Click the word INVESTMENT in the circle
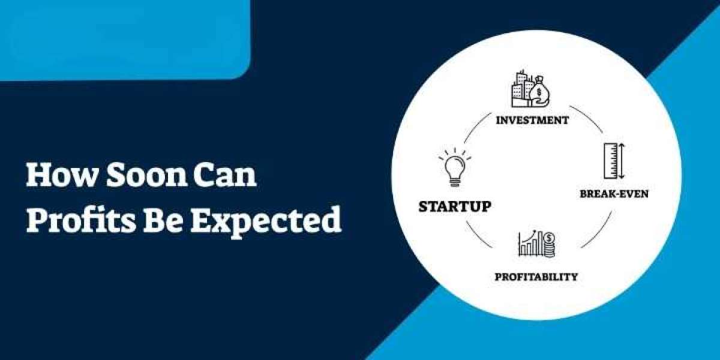coord(532,120)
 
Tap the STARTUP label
coord(455,207)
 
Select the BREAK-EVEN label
coord(613,194)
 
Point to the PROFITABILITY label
coord(536,277)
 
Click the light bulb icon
coord(454,170)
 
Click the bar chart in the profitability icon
coord(530,245)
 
